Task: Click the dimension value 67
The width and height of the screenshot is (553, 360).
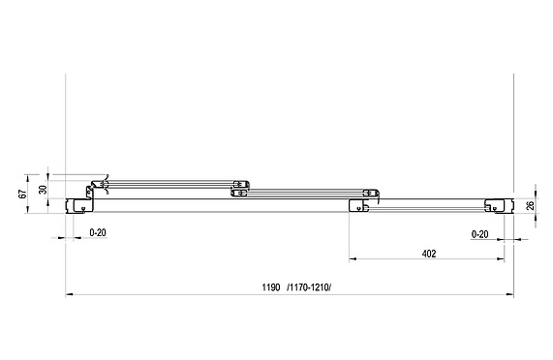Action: pyautogui.click(x=22, y=194)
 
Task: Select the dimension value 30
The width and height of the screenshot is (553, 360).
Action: pyautogui.click(x=43, y=190)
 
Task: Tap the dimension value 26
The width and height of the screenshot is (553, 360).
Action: pyautogui.click(x=530, y=205)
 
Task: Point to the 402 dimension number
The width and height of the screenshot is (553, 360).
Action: pyautogui.click(x=428, y=254)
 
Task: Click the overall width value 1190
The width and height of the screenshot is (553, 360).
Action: pyautogui.click(x=271, y=287)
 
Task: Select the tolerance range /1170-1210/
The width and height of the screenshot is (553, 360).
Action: pyautogui.click(x=309, y=287)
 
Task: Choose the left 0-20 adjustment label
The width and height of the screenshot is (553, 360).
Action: pyautogui.click(x=98, y=232)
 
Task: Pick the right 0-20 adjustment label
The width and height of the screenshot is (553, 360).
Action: pyautogui.click(x=480, y=234)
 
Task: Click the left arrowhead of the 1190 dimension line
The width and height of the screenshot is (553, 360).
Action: pyautogui.click(x=69, y=294)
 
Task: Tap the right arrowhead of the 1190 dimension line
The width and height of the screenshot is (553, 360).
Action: pyautogui.click(x=510, y=294)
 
